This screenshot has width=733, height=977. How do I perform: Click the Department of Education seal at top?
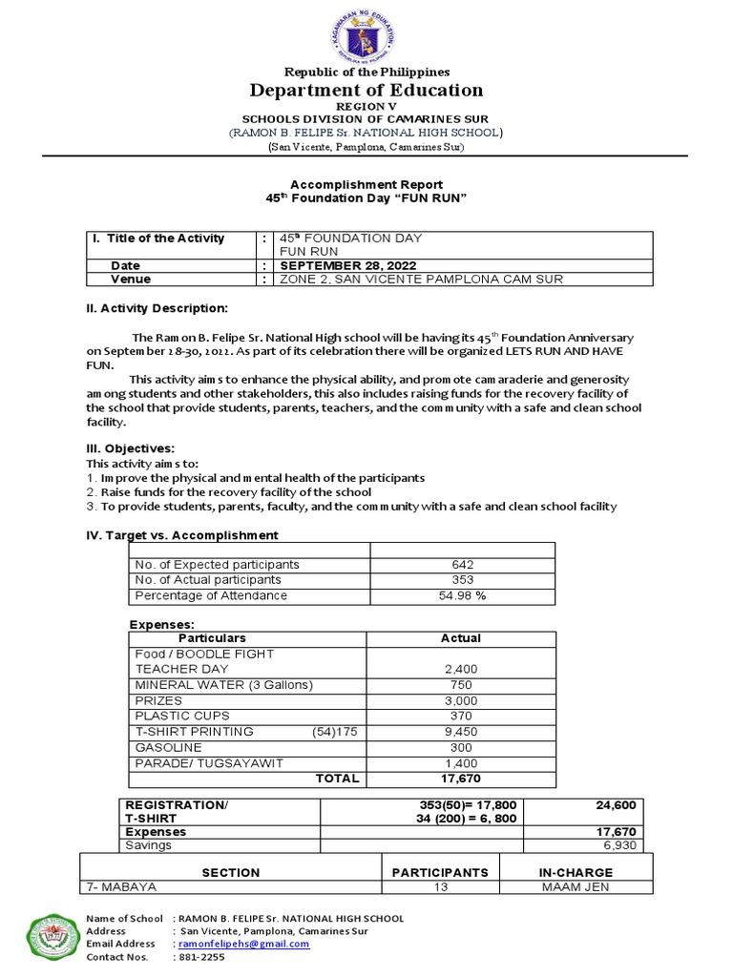(366, 33)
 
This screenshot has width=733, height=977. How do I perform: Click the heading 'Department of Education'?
(366, 91)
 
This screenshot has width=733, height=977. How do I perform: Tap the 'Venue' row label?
(131, 280)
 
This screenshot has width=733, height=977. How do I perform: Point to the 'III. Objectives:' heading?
(130, 448)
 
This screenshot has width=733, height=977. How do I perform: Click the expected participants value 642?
(461, 565)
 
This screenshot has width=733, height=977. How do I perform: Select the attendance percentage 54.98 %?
(461, 595)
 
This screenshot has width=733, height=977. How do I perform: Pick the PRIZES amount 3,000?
(461, 700)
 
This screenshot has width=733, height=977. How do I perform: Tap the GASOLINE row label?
(169, 747)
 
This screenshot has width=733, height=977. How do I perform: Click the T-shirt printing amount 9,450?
(461, 732)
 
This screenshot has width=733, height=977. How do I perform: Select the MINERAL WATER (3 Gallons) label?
(223, 685)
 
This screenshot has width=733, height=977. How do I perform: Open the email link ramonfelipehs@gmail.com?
(244, 944)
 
